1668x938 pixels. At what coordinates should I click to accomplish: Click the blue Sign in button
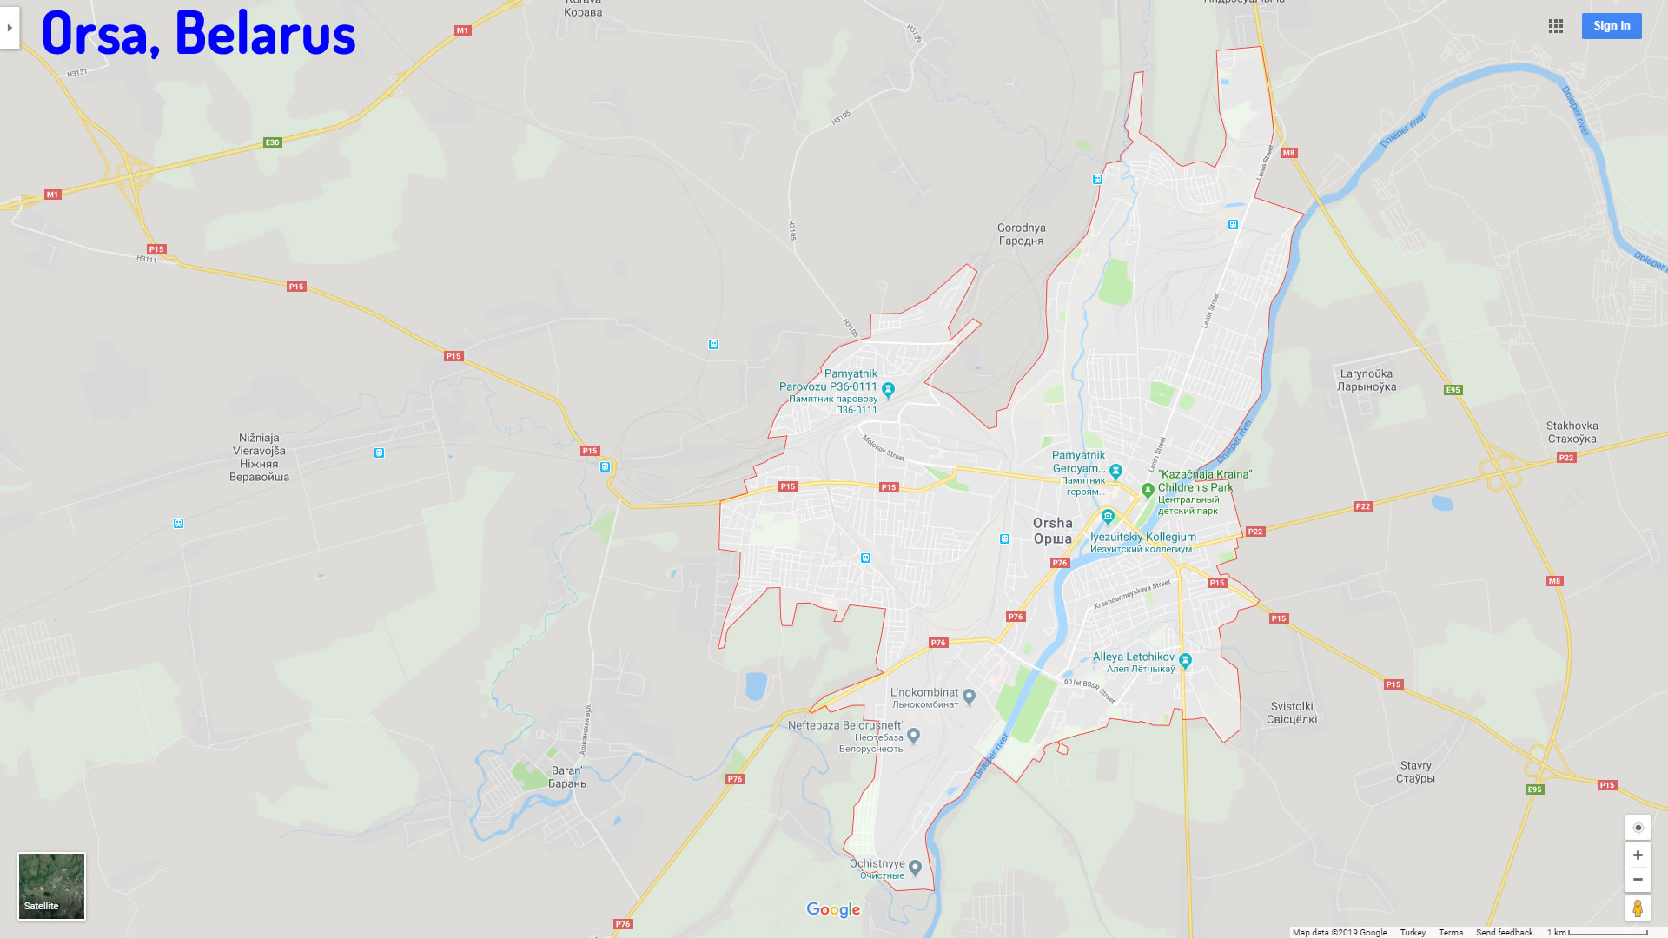click(x=1611, y=26)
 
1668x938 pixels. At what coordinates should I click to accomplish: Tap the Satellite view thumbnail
click(x=51, y=886)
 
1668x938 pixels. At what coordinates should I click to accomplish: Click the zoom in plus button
click(x=1638, y=855)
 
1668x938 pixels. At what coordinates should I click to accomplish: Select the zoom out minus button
click(x=1638, y=880)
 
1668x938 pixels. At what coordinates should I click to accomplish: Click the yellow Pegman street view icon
click(x=1638, y=908)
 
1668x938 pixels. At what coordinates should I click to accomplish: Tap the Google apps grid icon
click(x=1556, y=26)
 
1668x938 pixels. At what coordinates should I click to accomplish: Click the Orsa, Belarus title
click(x=198, y=34)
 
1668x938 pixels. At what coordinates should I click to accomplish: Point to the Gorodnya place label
click(x=1021, y=234)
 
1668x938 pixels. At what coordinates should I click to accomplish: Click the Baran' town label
click(x=567, y=776)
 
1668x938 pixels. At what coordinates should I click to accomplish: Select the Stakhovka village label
click(x=1572, y=432)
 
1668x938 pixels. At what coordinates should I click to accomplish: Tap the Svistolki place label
click(x=1292, y=712)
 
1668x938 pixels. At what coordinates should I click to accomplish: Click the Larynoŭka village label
click(x=1367, y=380)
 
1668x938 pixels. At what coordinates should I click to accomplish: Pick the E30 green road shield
click(x=273, y=142)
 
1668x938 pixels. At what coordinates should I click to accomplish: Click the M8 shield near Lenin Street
click(x=1288, y=153)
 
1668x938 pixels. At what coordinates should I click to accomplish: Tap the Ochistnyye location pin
click(x=915, y=867)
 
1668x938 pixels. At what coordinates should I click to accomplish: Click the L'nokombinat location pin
click(x=970, y=696)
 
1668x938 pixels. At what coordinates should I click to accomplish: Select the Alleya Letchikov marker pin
click(x=1185, y=660)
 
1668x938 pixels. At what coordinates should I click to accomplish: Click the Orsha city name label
click(x=1053, y=530)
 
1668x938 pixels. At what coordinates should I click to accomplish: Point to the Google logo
click(x=833, y=909)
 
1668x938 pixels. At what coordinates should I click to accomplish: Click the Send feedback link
click(x=1504, y=932)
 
